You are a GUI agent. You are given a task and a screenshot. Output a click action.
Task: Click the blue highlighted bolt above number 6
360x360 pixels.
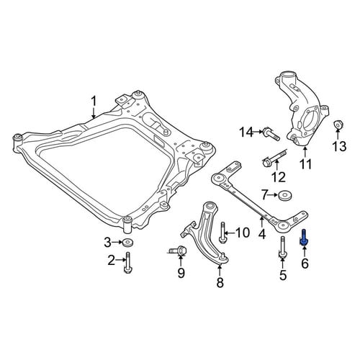(304, 238)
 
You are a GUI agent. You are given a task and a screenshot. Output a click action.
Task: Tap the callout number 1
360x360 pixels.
(94, 102)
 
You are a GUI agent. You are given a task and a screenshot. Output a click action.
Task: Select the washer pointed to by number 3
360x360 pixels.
(127, 243)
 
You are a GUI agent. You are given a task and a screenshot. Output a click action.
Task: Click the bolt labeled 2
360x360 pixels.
(127, 263)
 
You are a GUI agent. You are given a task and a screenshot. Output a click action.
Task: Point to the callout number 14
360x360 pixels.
(246, 132)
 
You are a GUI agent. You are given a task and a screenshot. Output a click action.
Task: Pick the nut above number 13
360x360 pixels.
(338, 125)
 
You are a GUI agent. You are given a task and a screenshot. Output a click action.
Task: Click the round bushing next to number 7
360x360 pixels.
(285, 196)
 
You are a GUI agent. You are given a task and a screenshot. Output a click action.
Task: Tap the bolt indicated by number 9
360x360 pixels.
(177, 251)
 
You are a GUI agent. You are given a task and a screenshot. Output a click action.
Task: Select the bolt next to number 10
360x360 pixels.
(222, 233)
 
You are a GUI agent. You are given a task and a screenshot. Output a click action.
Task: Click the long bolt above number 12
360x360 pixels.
(275, 158)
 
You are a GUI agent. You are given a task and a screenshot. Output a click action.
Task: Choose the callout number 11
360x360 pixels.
(305, 164)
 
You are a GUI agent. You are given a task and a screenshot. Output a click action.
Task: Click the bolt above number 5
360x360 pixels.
(283, 248)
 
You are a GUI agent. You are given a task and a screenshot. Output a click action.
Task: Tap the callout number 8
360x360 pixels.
(220, 282)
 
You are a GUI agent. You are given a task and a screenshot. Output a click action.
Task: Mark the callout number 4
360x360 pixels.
(262, 234)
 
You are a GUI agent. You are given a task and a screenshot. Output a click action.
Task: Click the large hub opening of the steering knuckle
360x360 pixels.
(309, 120)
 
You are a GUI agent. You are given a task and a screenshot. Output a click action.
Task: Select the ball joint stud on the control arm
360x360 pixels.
(223, 256)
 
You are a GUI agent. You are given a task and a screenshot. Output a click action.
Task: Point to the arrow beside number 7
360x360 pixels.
(274, 195)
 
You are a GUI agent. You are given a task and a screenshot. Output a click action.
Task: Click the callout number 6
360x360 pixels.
(305, 264)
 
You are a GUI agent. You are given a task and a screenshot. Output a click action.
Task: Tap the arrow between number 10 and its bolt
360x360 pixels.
(230, 233)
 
